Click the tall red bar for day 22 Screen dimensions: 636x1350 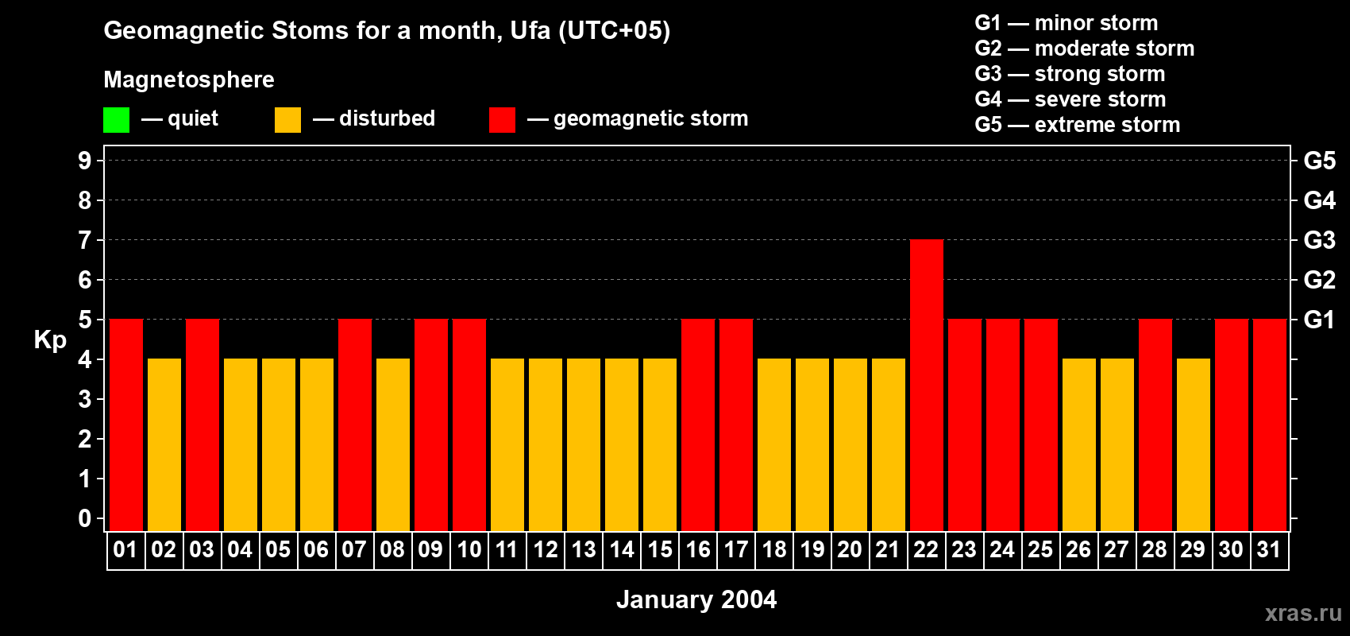926,385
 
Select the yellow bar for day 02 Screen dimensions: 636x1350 164,444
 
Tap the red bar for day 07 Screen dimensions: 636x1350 355,425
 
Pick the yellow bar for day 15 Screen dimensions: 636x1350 660,444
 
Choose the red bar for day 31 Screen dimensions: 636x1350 1269,425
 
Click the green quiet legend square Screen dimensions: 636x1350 116,120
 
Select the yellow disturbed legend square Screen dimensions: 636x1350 287,120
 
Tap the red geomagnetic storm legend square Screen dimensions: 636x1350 502,120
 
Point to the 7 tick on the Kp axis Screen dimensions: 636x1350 85,240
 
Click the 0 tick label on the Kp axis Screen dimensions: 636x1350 85,519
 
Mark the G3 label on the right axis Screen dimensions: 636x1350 1319,240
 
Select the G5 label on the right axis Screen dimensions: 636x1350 1319,161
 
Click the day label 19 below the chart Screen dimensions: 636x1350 812,550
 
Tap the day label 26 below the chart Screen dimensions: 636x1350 1078,550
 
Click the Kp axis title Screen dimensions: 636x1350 50,340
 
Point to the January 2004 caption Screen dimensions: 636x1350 696,599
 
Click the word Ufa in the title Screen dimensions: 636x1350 530,30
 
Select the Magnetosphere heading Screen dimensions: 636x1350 189,79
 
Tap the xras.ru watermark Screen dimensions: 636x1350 1303,612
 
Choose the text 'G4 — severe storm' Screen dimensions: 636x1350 1070,99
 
